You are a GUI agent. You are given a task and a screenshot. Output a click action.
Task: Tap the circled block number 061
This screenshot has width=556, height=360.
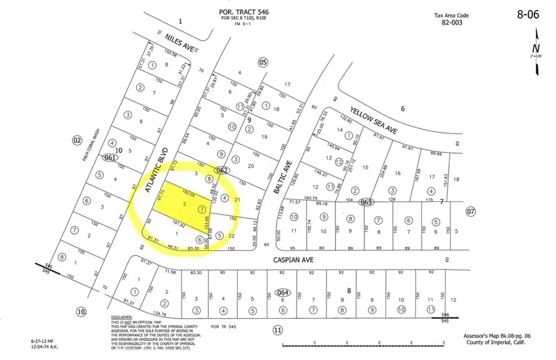110,157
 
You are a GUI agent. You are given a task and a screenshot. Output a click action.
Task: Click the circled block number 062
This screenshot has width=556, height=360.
222,169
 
